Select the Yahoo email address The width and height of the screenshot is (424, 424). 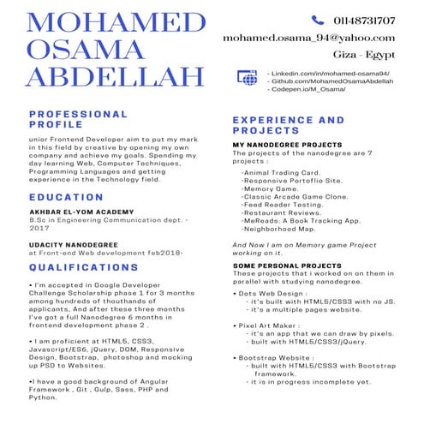(x=308, y=38)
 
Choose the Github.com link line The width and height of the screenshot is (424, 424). (x=331, y=81)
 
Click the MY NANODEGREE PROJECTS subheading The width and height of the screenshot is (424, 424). (x=287, y=146)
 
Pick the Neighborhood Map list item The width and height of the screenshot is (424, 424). (x=279, y=229)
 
